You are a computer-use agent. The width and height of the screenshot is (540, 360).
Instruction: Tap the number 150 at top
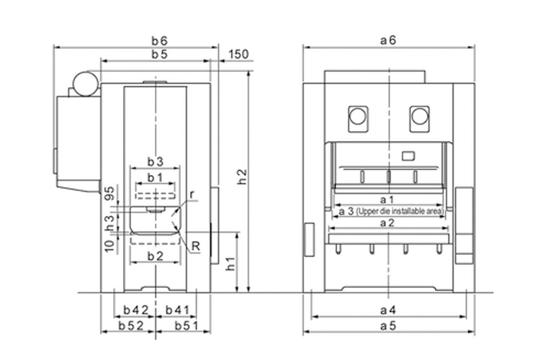click(238, 55)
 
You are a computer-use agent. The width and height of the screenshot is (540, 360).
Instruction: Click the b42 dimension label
click(135, 310)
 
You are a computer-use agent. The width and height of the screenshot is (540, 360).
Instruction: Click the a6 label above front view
click(389, 41)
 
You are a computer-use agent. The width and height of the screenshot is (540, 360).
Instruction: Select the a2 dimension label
click(389, 224)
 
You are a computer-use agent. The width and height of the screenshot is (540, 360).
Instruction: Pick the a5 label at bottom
click(389, 326)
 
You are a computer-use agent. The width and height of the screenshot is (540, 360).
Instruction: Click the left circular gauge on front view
click(357, 115)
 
